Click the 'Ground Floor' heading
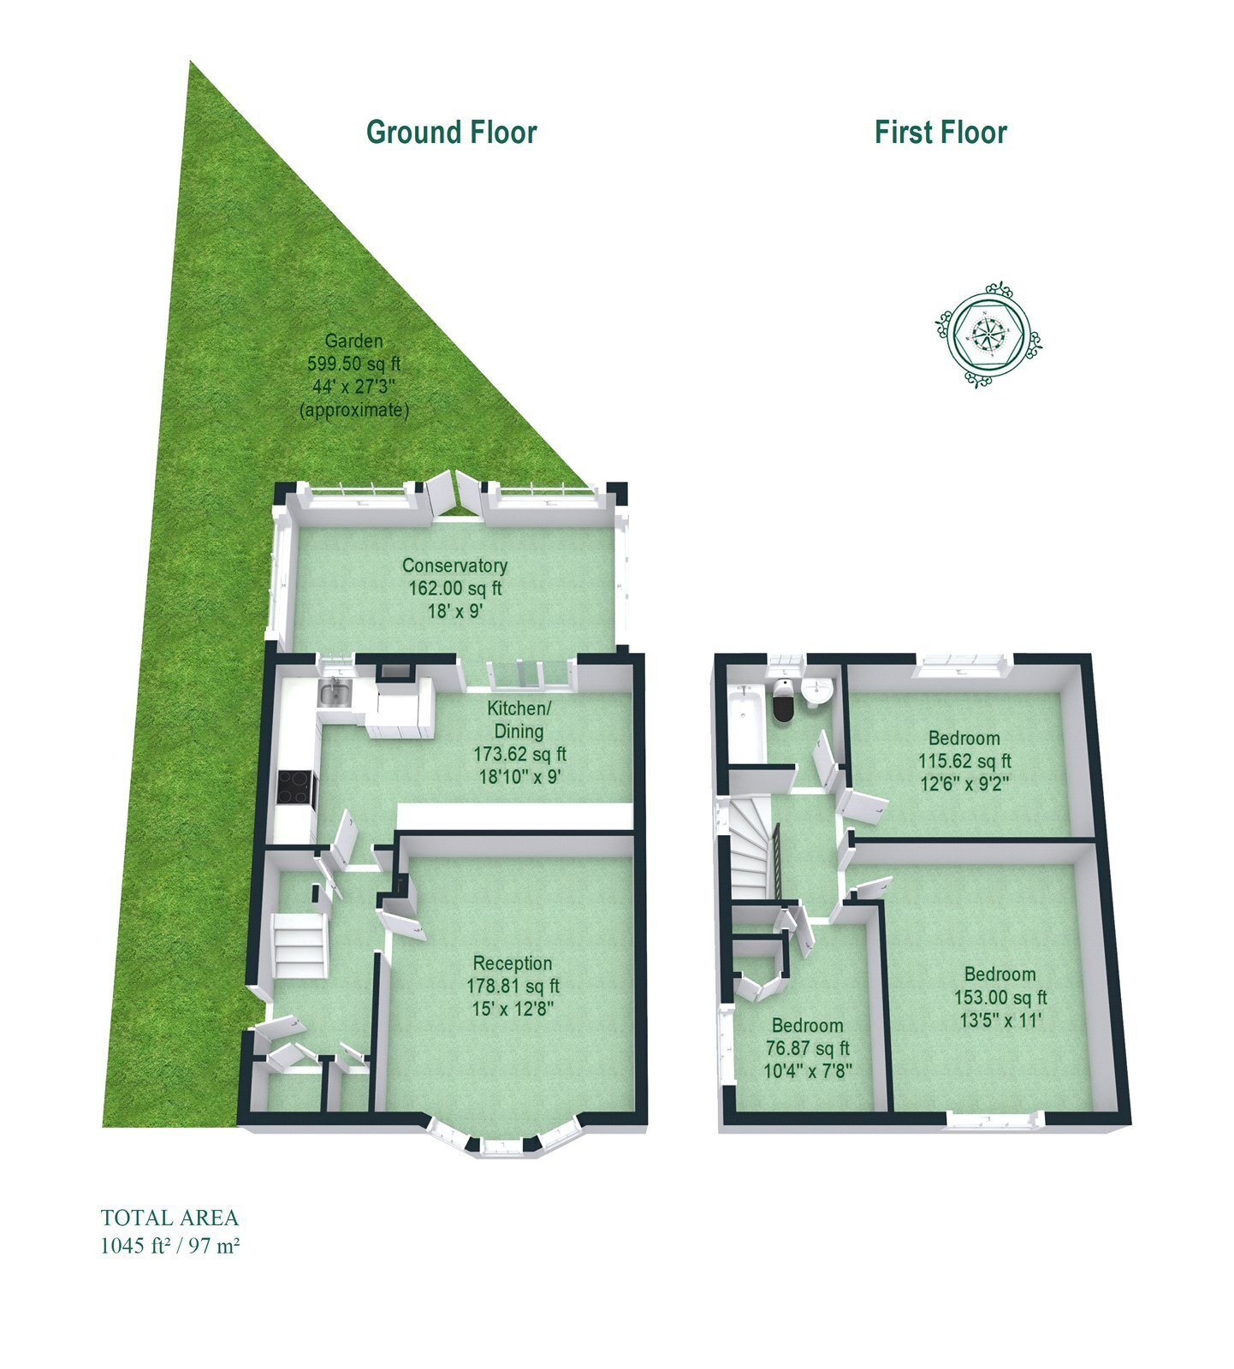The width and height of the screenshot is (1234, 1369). coord(451,133)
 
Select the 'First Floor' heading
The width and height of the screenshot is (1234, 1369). coord(940,133)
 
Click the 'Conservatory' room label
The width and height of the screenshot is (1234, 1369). coord(454,566)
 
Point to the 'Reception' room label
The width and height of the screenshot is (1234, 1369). coord(513,963)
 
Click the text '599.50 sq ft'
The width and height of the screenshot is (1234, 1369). coord(354,364)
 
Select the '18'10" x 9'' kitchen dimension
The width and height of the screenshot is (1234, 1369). coord(519,777)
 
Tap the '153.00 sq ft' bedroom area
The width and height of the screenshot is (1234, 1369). coord(1000,997)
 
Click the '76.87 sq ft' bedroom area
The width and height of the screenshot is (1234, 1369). coord(807,1048)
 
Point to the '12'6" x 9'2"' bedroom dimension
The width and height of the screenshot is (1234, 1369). coord(964,783)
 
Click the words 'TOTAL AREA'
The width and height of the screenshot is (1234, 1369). coord(169,1218)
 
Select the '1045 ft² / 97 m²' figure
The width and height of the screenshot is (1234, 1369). coord(169,1246)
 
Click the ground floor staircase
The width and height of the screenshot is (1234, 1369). coord(301,945)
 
